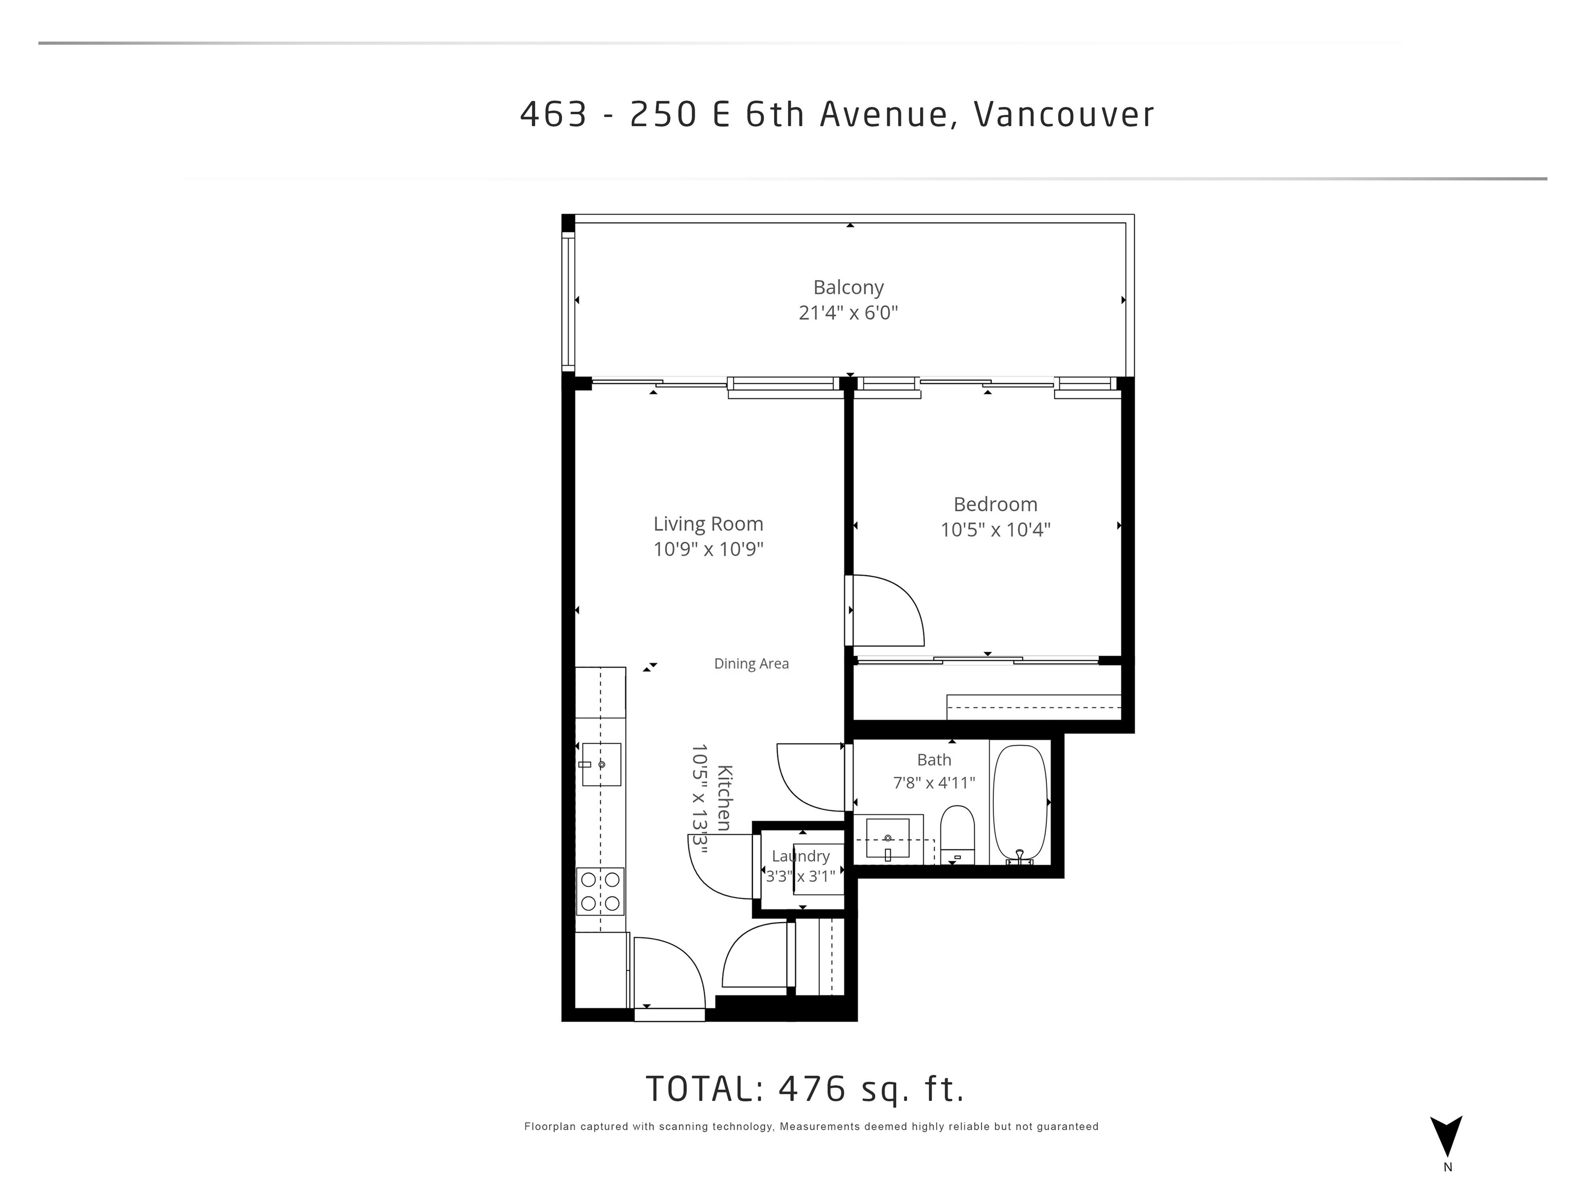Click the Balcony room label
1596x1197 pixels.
(x=848, y=288)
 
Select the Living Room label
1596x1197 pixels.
(x=708, y=524)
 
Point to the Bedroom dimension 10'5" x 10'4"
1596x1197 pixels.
(x=995, y=529)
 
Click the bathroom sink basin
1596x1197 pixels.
(x=887, y=839)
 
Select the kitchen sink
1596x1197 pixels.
(x=601, y=764)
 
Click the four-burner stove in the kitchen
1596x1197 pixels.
(x=600, y=891)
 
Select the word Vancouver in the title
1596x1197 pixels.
(x=1064, y=114)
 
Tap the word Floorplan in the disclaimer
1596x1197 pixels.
(x=550, y=1126)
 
